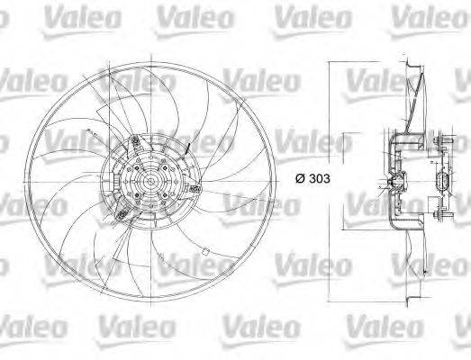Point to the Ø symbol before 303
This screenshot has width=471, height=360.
click(x=300, y=178)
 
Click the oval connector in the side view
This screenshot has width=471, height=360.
click(x=440, y=183)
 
